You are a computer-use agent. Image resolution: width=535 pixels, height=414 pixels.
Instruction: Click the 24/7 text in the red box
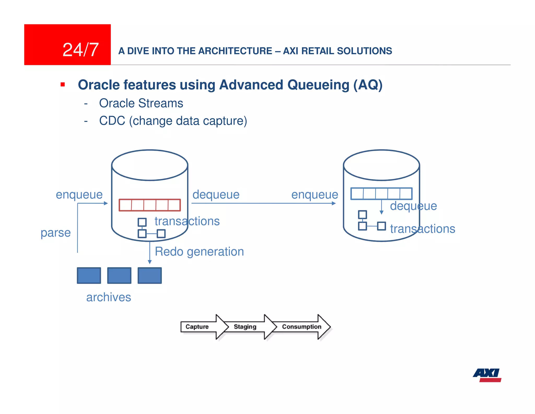[x=80, y=50]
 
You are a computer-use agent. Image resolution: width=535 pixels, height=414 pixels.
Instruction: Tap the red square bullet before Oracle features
[x=63, y=85]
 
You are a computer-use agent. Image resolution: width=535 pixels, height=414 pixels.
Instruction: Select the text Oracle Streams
[x=141, y=103]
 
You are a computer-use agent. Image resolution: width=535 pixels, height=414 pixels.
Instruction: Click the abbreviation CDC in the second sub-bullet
[x=112, y=121]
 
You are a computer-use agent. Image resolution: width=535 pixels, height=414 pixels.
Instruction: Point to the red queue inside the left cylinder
[x=150, y=205]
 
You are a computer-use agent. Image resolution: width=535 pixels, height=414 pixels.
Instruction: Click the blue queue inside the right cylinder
[x=381, y=194]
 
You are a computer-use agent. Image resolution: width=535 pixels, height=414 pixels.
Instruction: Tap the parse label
[x=56, y=232]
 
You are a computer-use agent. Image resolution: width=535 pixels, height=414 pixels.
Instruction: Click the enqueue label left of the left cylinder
[x=79, y=194]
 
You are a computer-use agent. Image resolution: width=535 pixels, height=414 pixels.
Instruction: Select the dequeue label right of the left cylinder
[x=216, y=194]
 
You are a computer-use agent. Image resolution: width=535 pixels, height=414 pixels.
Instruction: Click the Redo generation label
[x=199, y=251]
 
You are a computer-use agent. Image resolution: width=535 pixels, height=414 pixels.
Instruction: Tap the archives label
[x=109, y=297]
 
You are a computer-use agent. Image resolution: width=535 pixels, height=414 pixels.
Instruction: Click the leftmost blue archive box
[x=89, y=276]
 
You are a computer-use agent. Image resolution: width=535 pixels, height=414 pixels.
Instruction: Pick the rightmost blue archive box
[x=150, y=276]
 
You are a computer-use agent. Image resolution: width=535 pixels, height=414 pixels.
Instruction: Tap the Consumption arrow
[x=302, y=327]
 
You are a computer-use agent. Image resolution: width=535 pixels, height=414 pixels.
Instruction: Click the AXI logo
[x=487, y=375]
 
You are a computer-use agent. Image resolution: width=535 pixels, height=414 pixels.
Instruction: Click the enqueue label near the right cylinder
[x=315, y=194]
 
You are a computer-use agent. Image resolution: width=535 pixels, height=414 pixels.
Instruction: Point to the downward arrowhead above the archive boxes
[x=150, y=262]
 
